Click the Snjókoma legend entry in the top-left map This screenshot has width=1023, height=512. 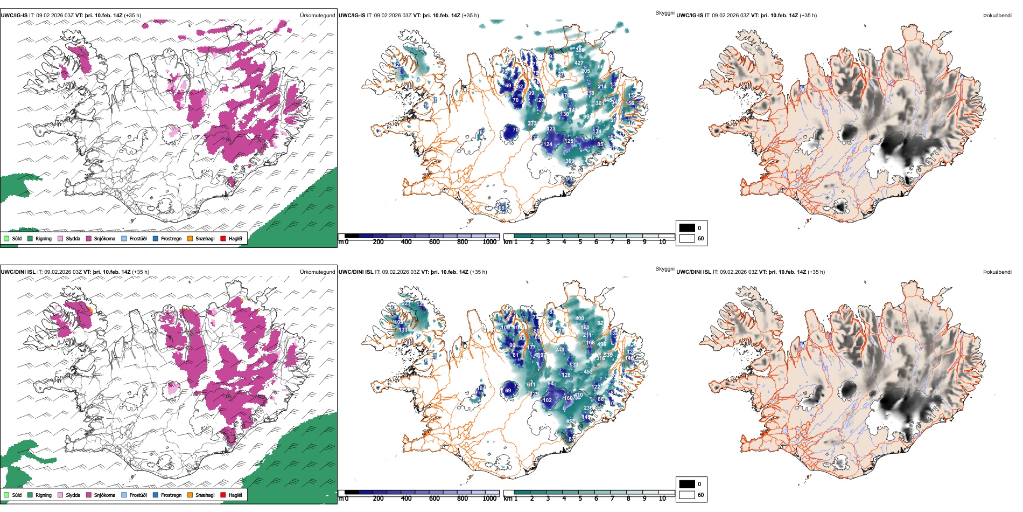tap(104, 238)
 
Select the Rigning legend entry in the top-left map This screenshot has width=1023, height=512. tap(43, 238)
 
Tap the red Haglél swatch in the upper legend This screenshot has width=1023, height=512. tap(223, 238)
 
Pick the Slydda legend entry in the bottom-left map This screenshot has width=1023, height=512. tap(73, 495)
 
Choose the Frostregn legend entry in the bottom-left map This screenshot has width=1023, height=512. tap(171, 495)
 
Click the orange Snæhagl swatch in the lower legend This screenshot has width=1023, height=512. tap(190, 495)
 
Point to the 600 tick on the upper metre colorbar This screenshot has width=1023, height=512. tap(434, 242)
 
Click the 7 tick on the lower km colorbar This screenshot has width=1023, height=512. tap(612, 498)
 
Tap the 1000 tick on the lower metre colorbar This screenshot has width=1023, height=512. tap(489, 498)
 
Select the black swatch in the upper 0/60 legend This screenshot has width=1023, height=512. tap(687, 228)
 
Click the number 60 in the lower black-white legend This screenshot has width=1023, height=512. tap(700, 495)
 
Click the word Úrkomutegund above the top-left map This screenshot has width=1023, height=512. tap(317, 15)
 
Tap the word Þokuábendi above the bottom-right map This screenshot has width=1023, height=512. tap(997, 272)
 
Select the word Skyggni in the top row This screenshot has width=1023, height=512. tap(664, 12)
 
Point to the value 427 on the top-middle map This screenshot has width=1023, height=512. tap(579, 63)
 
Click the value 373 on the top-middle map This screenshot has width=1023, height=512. tap(532, 123)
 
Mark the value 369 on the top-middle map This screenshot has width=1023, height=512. tap(570, 161)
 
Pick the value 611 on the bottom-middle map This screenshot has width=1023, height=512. tap(531, 384)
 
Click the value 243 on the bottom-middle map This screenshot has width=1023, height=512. tap(560, 349)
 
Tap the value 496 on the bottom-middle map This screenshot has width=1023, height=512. tap(601, 344)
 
